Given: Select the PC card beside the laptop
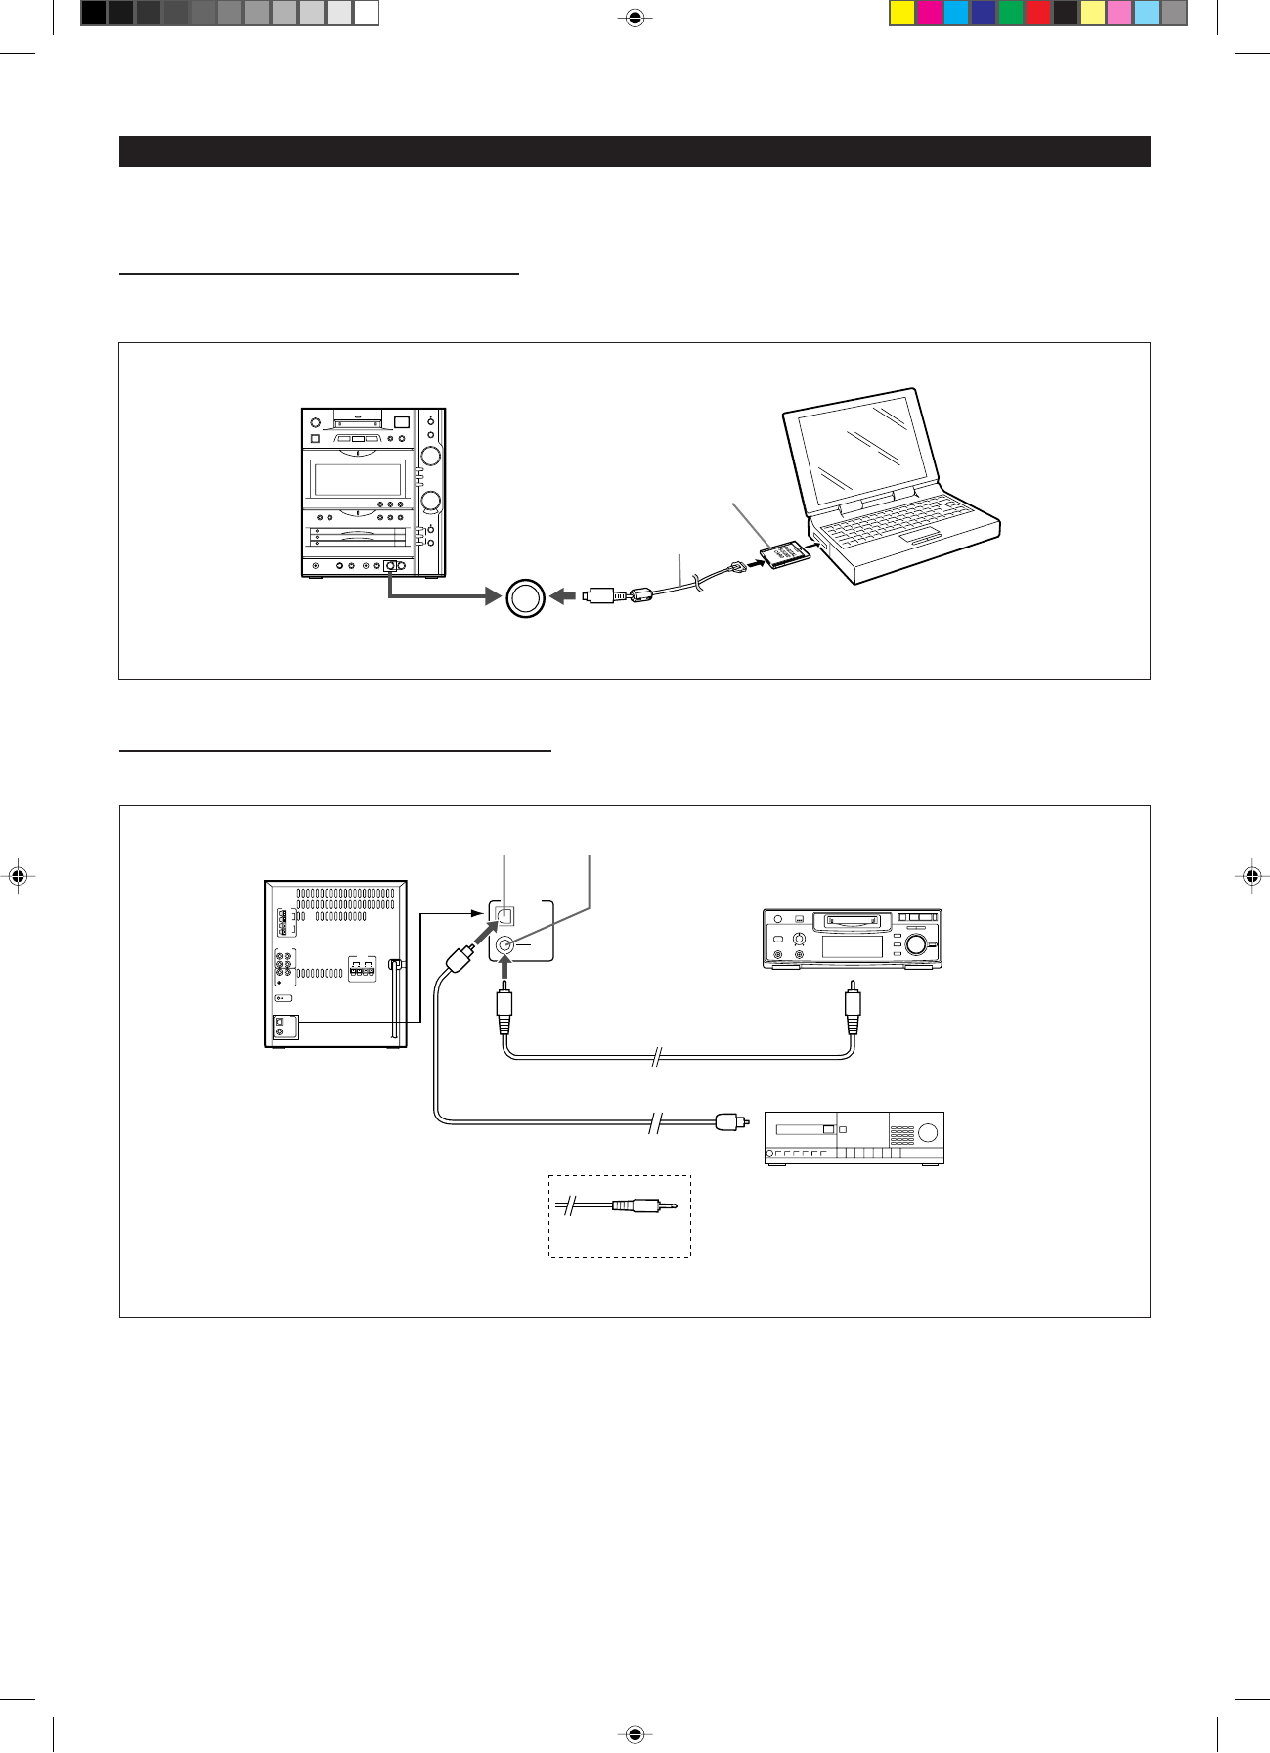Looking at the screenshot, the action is click(785, 553).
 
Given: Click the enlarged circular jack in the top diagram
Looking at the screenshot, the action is click(525, 596).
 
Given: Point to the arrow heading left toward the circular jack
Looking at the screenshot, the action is click(563, 595).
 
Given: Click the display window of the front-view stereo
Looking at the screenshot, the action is click(357, 480).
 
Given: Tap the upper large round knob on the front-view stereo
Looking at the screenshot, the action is click(429, 456).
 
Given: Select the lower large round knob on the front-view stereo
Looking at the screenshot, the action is click(429, 501).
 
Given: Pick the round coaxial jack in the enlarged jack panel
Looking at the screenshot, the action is click(505, 944).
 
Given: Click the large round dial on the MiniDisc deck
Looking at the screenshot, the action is click(916, 944).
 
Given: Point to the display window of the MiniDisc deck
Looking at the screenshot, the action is click(852, 945).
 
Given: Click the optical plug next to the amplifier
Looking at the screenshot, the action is click(727, 1121).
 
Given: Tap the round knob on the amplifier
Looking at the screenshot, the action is click(928, 1134).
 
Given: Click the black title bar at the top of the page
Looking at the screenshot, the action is click(635, 152).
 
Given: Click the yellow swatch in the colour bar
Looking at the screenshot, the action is click(901, 13).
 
